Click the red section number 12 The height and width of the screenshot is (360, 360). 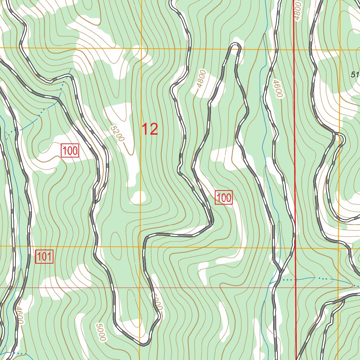click(x=150, y=129)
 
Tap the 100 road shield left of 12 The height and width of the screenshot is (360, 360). click(x=70, y=151)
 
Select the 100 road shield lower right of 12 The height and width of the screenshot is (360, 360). click(x=224, y=198)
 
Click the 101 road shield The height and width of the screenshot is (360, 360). click(x=44, y=257)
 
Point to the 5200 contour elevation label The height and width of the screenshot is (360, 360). click(x=117, y=134)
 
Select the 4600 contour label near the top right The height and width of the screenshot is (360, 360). click(x=278, y=89)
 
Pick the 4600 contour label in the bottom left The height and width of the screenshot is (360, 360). click(x=19, y=315)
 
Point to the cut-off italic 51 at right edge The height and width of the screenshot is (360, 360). click(x=355, y=74)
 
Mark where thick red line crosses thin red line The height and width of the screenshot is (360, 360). click(x=295, y=288)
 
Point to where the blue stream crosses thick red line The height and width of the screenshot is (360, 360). click(x=295, y=279)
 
